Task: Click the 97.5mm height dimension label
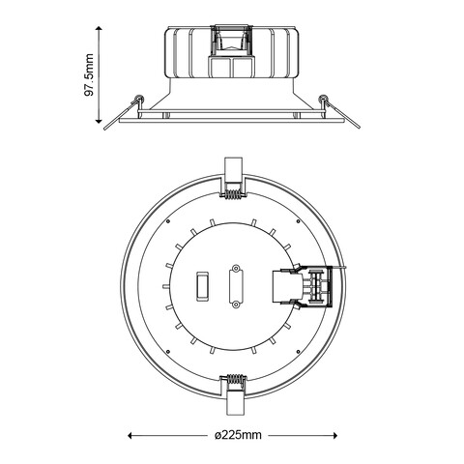89,75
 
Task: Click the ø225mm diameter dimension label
237,436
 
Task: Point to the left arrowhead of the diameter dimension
132,435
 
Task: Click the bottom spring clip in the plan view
233,385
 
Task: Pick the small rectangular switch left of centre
203,286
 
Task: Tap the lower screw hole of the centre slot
234,305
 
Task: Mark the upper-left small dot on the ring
168,220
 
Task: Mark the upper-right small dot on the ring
300,220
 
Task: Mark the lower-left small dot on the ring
168,351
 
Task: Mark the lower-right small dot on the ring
300,351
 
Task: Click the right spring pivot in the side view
324,100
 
